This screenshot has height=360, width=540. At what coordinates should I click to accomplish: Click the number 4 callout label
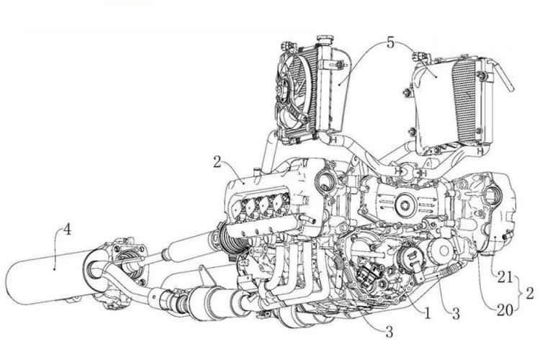coord(67,231)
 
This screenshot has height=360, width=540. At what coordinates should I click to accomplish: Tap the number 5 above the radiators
coord(390,42)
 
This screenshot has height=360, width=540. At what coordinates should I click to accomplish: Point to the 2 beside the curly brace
coord(531,293)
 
